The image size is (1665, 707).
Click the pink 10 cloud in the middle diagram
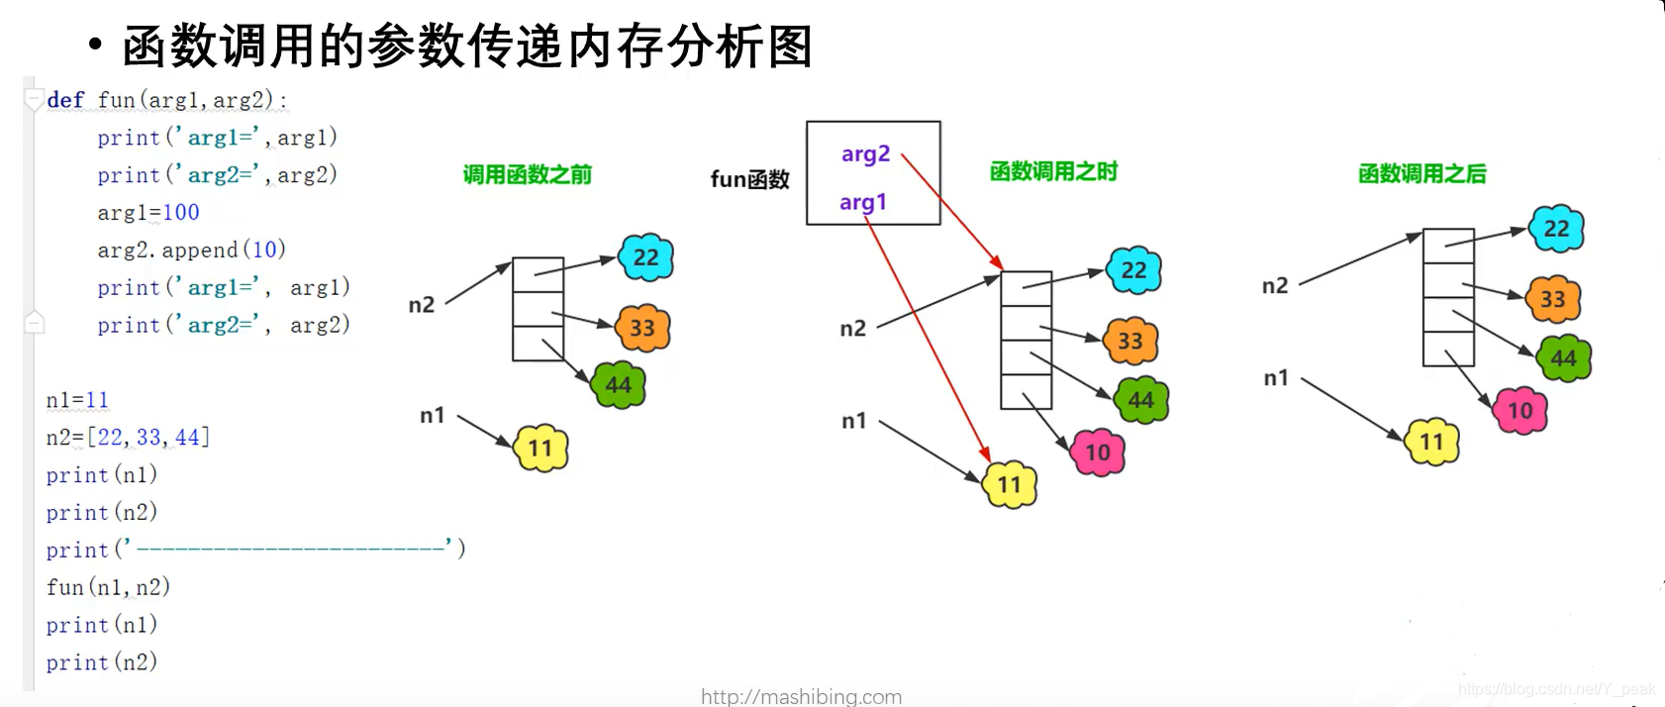pyautogui.click(x=1098, y=453)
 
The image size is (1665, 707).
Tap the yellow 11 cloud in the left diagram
pyautogui.click(x=540, y=449)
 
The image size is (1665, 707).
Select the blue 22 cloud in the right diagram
pyautogui.click(x=1556, y=229)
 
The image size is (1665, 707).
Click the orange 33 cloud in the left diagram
pyautogui.click(x=642, y=328)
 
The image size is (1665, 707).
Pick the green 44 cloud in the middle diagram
pyautogui.click(x=1141, y=400)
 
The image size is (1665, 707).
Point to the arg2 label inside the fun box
pyautogui.click(x=865, y=154)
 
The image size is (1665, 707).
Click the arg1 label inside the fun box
pyautogui.click(x=863, y=202)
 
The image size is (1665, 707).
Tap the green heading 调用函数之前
pyautogui.click(x=527, y=175)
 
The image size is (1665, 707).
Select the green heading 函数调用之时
pyautogui.click(x=1053, y=172)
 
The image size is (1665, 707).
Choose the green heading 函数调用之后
pyautogui.click(x=1421, y=174)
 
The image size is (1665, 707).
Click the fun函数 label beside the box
pyautogui.click(x=749, y=179)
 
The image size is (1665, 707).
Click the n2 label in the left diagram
pyautogui.click(x=422, y=305)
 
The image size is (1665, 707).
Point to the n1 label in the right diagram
pyautogui.click(x=1276, y=378)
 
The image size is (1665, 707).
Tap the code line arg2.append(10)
pyautogui.click(x=191, y=250)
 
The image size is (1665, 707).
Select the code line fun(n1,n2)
pyautogui.click(x=108, y=587)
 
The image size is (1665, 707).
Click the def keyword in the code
pyautogui.click(x=65, y=100)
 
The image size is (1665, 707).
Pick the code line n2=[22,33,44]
pyautogui.click(x=128, y=437)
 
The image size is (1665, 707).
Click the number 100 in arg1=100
pyautogui.click(x=181, y=212)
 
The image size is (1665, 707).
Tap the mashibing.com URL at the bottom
pyautogui.click(x=801, y=696)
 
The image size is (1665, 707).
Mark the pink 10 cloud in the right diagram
pyautogui.click(x=1519, y=411)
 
